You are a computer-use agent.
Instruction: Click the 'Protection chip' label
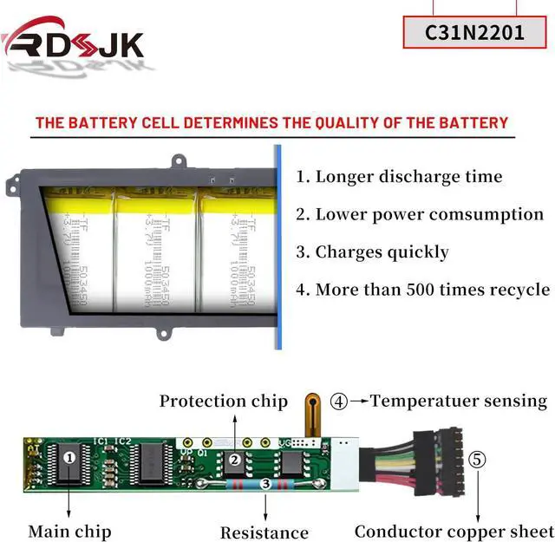point(223,401)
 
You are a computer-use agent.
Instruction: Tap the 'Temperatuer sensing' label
point(459,401)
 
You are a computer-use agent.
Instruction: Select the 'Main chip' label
point(69,531)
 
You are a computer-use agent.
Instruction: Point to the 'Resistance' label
point(264,532)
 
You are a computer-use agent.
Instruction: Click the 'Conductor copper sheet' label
point(453,531)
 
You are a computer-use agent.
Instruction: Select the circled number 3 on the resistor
point(265,484)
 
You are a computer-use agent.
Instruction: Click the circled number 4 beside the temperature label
point(339,402)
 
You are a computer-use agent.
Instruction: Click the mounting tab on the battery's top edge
point(180,161)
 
